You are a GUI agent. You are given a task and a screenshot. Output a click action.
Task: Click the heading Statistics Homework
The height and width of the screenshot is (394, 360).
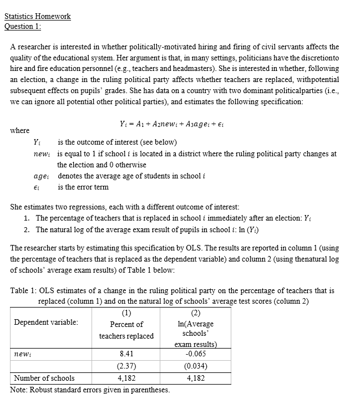tap(38, 16)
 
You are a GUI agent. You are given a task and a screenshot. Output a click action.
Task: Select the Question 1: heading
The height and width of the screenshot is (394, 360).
tap(23, 26)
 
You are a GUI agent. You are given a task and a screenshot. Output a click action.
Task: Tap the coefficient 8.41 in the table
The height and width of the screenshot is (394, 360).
tap(126, 354)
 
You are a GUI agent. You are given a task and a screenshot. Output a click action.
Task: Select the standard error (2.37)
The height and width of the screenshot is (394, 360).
tap(126, 366)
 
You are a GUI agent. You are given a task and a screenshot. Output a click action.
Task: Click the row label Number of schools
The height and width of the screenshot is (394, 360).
tap(44, 378)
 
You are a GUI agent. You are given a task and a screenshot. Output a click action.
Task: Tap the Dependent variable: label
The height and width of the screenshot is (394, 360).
tap(46, 322)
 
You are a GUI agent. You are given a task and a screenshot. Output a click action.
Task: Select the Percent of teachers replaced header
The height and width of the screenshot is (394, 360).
tap(126, 330)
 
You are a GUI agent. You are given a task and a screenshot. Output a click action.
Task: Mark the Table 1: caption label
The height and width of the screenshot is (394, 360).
tap(23, 291)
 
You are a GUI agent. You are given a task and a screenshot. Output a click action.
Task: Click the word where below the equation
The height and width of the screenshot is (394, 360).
tap(20, 131)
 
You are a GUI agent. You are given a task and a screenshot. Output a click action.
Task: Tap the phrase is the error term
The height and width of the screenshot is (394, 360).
tap(83, 187)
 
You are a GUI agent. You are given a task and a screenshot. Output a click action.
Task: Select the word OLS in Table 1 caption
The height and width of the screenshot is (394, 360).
tap(47, 291)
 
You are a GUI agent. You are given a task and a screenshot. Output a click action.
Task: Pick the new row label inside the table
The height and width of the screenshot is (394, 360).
tap(23, 354)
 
